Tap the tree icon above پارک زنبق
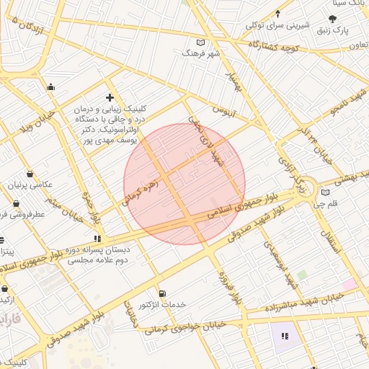pyautogui.click(x=332, y=19)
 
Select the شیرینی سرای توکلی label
pyautogui.click(x=277, y=26)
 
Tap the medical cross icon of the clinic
pyautogui.click(x=110, y=97)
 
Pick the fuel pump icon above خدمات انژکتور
pyautogui.click(x=161, y=293)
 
